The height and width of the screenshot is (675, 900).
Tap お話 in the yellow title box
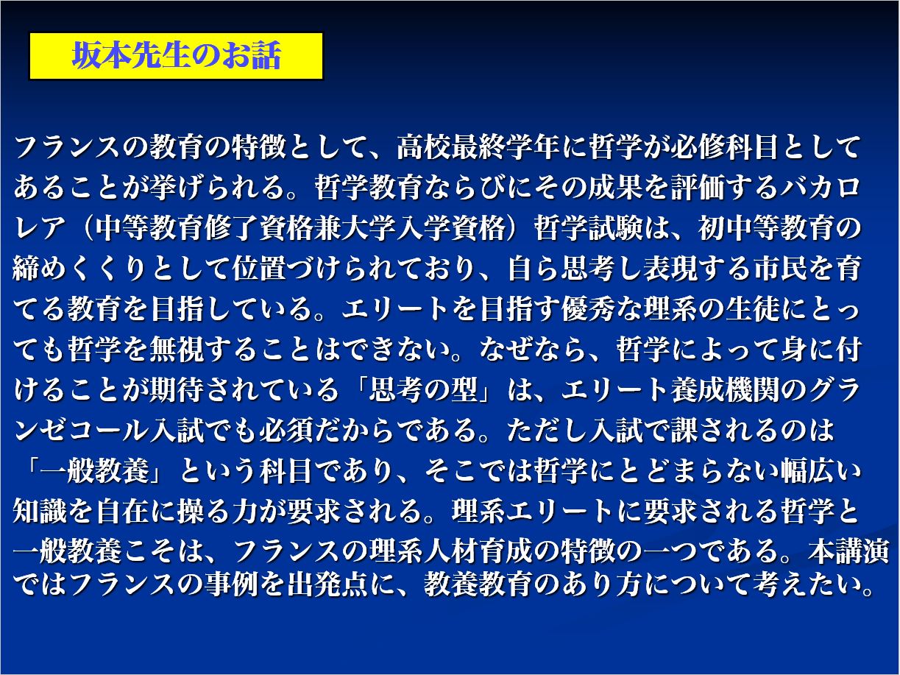coord(249,55)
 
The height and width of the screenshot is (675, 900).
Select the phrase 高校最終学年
coord(478,148)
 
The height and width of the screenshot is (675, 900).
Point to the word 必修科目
coord(724,148)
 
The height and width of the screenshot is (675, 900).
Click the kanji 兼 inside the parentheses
coord(327,228)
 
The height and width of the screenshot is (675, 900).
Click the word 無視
coord(177,350)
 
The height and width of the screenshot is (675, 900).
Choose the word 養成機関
coord(724,389)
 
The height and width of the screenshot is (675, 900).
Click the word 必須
coord(286,430)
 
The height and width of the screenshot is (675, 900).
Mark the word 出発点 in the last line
coord(327,584)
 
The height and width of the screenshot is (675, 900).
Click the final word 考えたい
coord(806,584)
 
